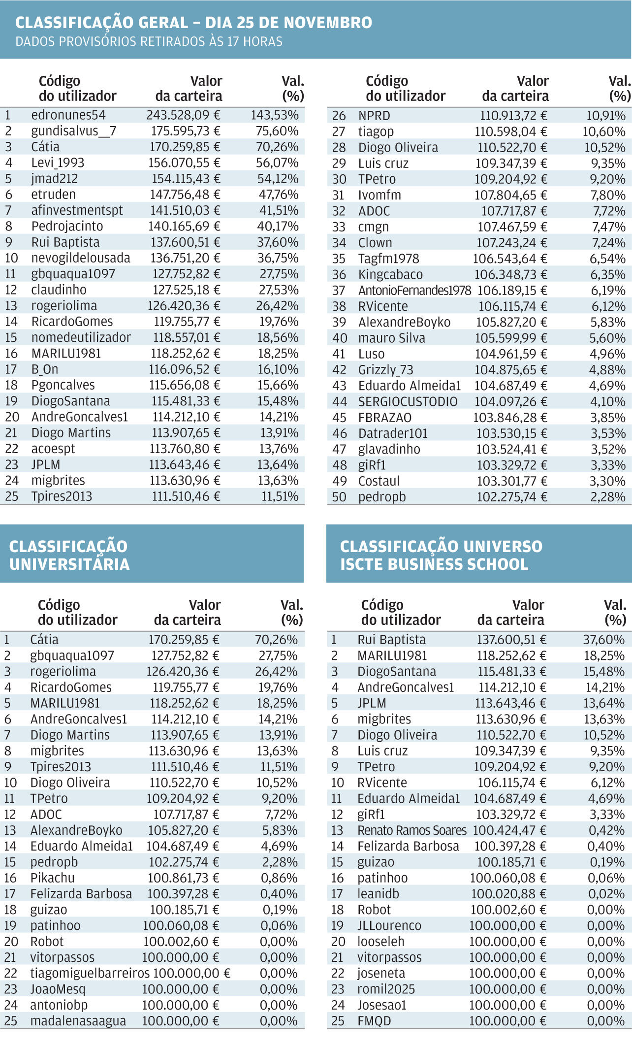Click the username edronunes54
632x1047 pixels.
coord(68,115)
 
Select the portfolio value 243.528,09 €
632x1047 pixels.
coord(183,115)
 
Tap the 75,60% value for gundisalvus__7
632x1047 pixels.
coord(277,131)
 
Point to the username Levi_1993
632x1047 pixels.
coord(58,163)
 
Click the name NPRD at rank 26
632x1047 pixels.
coord(374,116)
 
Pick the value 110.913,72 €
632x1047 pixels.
coord(513,116)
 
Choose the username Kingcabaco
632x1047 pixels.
coord(390,275)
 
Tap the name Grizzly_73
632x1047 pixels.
coord(385,370)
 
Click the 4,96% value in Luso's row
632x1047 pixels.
coord(607,354)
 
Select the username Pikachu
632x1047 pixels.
coord(52,878)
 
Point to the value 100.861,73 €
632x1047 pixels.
coord(184,878)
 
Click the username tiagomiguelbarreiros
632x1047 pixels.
coord(90,973)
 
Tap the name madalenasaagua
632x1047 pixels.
coord(78,1021)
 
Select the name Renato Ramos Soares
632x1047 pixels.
coord(412,830)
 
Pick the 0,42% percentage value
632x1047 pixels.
coord(606,830)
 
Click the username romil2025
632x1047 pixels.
coord(386,989)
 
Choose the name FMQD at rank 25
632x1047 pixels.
coord(374,1021)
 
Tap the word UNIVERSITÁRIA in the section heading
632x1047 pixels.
coord(69,564)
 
